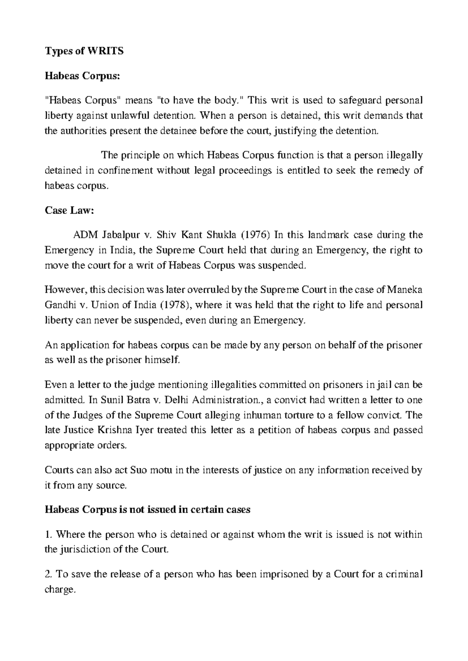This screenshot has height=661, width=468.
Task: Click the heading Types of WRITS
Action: coord(84,51)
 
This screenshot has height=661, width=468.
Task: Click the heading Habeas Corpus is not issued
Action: coord(147,510)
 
